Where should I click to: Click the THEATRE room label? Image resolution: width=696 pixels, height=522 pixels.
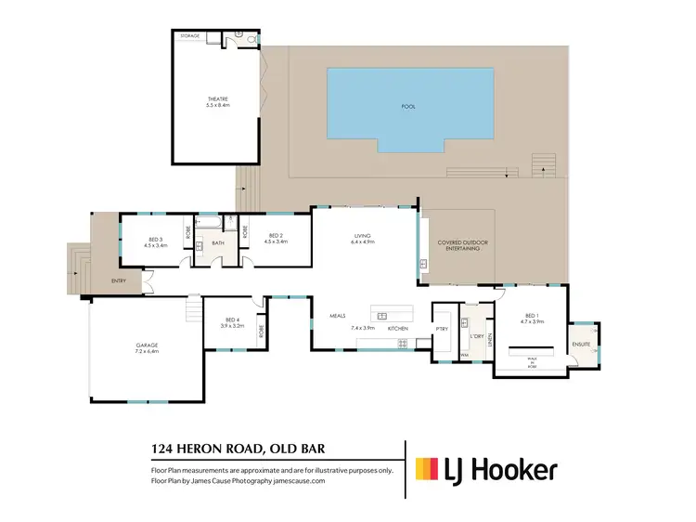[x=217, y=98]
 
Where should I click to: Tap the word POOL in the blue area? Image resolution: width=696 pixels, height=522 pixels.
[x=408, y=106]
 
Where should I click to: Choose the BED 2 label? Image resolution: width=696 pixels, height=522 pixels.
[x=276, y=236]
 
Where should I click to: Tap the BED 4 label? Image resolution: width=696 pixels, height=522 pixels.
[x=232, y=320]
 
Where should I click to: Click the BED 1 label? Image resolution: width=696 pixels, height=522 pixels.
[x=530, y=315]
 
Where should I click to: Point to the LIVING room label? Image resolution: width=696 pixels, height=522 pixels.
[x=362, y=236]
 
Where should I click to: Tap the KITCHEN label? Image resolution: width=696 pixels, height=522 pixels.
[x=397, y=329]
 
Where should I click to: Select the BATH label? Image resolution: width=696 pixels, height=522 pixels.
[x=219, y=243]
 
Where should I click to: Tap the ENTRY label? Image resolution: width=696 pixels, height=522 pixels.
[x=119, y=281]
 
